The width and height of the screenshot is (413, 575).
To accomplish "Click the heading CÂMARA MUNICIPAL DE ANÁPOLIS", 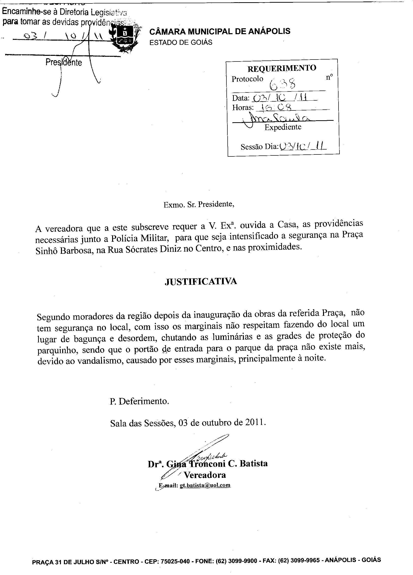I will (x=220, y=31).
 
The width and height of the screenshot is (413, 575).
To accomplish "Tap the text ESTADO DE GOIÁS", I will (x=181, y=42).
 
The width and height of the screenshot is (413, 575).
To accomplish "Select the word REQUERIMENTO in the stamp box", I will (x=282, y=68).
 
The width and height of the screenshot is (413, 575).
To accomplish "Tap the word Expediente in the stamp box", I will (x=283, y=127).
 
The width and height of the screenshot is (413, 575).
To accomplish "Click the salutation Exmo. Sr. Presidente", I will (x=199, y=204).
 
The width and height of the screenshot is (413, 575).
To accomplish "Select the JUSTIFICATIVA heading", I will (x=201, y=281).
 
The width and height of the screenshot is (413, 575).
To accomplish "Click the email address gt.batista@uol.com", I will (x=205, y=485).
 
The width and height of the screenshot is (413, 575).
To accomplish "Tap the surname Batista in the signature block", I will (x=253, y=463).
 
